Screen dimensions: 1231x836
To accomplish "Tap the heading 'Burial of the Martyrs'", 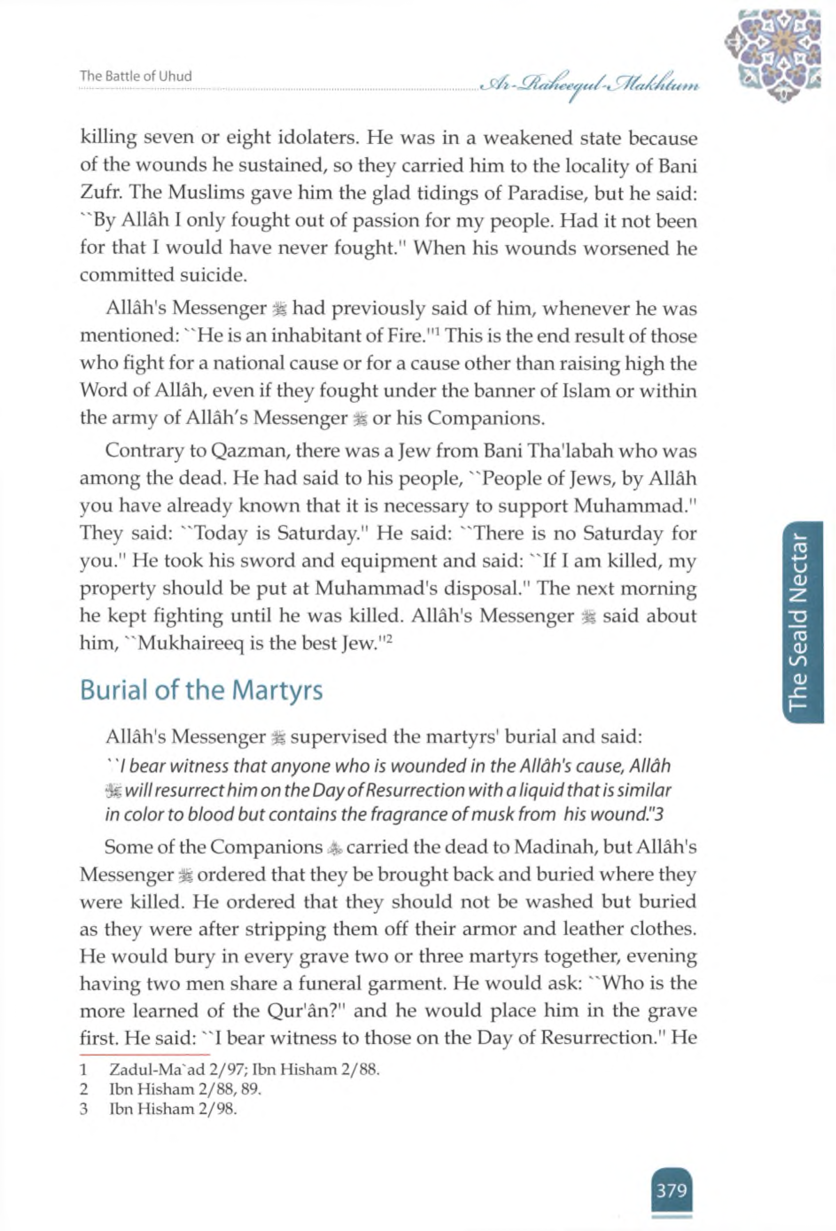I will click(201, 691).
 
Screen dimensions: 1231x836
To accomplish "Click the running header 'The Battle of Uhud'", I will click(136, 76).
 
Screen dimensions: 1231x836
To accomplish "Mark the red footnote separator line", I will click(145, 1054).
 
